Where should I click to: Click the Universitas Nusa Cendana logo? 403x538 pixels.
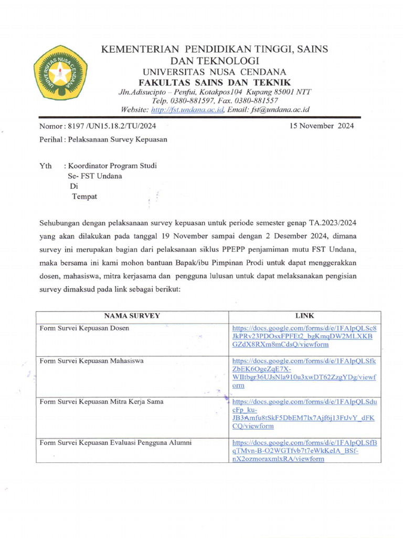[61, 73]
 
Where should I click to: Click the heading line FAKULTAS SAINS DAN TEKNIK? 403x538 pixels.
[214, 82]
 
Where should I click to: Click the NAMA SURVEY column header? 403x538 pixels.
[132, 316]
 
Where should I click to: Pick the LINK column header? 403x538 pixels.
[304, 316]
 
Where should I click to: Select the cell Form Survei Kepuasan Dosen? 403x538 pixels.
[85, 328]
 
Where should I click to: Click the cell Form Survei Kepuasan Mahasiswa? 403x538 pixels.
[92, 361]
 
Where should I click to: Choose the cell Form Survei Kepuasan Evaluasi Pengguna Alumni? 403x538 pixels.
[116, 442]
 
